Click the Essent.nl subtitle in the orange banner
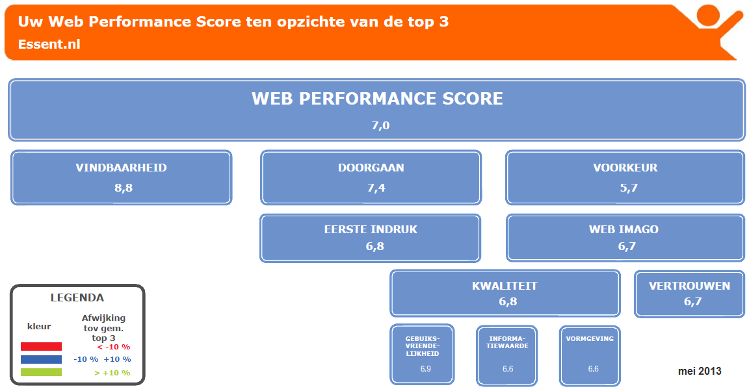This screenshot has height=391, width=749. pos(49,44)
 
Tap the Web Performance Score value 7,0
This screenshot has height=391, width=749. pos(381,125)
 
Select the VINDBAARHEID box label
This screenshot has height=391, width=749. pos(122,168)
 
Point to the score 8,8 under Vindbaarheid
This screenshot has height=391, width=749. pos(124,188)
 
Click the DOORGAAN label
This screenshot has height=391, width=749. pos(371,168)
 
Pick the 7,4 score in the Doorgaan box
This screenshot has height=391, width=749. pos(376,188)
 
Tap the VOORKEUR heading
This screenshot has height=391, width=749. pos(625,168)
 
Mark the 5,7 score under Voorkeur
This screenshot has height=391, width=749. pos(629,188)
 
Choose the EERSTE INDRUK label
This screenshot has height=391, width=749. pos(371,229)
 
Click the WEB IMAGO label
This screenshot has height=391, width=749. pos(624,229)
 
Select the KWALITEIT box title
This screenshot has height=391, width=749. pos(505,286)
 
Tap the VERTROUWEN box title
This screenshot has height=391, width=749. pos(689,286)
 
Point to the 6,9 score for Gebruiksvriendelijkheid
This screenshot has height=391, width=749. pos(426,368)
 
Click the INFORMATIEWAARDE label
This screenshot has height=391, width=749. pos(507,342)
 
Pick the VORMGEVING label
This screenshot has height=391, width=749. pos(590,338)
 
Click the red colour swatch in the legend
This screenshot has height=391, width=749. pos(41,347)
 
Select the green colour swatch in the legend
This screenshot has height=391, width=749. pos(41,372)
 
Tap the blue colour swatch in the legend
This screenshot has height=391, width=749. pos(41,359)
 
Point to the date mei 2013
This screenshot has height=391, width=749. pos(700,371)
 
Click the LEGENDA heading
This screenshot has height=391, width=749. pos(77,297)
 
